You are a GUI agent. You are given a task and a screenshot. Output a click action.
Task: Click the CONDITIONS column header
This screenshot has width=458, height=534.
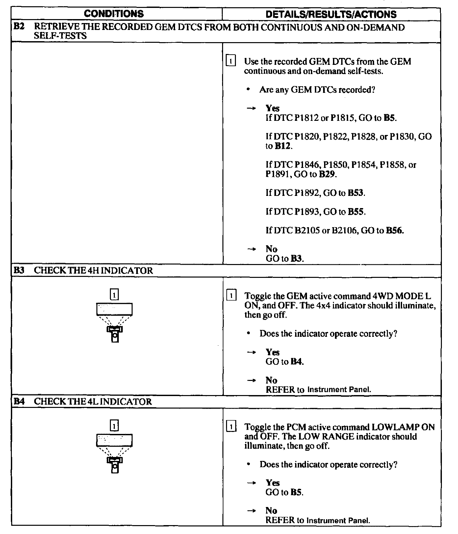(x=114, y=14)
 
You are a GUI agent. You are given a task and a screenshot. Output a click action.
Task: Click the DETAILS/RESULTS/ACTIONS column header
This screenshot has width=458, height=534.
(x=331, y=14)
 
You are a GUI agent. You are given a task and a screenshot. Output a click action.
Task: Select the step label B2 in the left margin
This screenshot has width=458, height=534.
(x=19, y=27)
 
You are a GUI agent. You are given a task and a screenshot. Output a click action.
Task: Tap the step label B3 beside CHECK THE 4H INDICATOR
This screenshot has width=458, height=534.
(x=19, y=271)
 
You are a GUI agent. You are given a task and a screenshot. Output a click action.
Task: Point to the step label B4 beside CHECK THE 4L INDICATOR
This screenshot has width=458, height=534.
(x=19, y=402)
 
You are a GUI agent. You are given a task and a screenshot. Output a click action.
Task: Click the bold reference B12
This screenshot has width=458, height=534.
(x=283, y=146)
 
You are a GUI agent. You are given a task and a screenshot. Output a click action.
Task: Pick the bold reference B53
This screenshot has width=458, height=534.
(x=356, y=193)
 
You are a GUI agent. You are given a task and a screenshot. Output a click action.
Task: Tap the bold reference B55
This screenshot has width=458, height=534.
(x=356, y=212)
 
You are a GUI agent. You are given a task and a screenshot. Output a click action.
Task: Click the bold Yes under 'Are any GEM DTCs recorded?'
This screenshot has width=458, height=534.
(x=272, y=108)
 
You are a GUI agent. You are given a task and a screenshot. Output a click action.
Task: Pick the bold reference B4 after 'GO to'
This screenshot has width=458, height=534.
(x=296, y=362)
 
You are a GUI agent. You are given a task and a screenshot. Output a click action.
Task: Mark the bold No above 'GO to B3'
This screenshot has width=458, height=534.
(x=271, y=249)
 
